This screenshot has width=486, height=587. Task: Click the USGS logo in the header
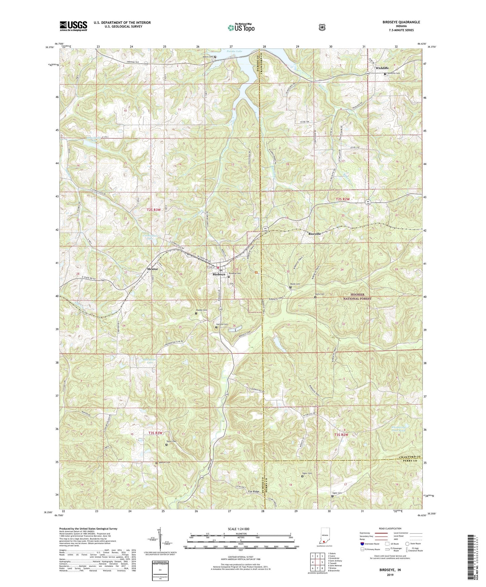coord(73,26)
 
